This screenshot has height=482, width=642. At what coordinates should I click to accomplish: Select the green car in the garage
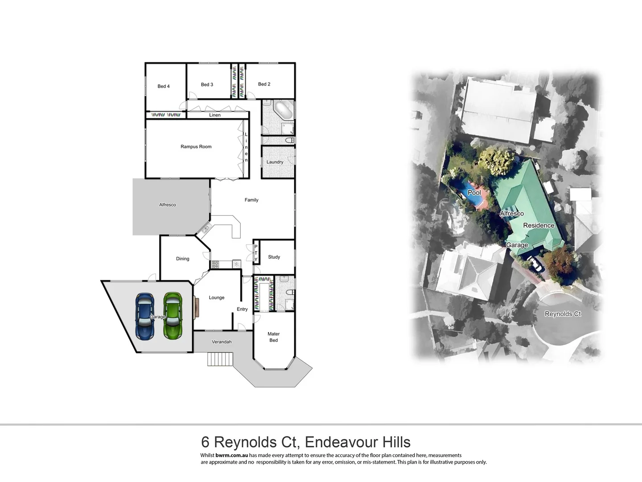tap(173, 316)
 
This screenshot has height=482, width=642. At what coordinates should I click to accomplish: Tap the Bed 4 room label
tap(164, 86)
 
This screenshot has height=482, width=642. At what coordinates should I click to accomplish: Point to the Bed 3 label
tap(207, 84)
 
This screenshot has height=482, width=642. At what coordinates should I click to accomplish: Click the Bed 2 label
tap(264, 84)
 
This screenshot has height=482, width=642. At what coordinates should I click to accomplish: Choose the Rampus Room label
tap(196, 146)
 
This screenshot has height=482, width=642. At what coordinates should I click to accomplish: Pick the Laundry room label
tap(275, 162)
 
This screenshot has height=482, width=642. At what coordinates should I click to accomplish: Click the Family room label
tap(251, 200)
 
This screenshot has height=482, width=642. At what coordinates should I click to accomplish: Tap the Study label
tap(274, 257)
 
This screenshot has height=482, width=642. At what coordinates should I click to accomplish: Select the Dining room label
tap(182, 259)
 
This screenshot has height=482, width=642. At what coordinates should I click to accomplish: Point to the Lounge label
tap(217, 298)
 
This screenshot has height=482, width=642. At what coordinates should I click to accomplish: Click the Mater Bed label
tap(273, 337)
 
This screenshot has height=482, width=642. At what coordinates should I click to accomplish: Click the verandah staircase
tap(220, 359)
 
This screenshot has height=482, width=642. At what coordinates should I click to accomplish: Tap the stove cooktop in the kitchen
tap(215, 265)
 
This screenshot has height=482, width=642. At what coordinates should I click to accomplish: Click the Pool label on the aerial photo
tap(474, 193)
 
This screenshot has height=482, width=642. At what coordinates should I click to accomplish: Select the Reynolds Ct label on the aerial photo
tap(563, 314)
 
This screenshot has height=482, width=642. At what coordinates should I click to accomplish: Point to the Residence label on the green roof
tap(539, 225)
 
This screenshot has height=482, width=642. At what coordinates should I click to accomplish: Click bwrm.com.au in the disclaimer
tap(231, 456)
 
